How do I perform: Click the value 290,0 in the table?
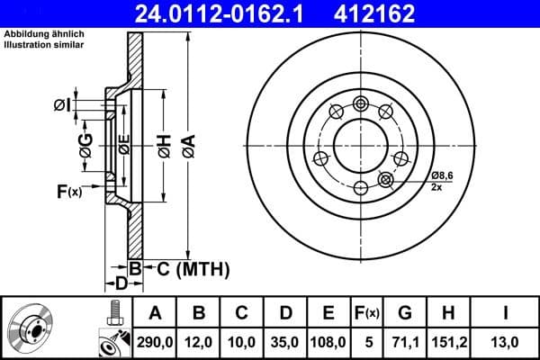click(156, 341)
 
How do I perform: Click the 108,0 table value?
click(328, 341)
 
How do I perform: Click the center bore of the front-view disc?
click(361, 145)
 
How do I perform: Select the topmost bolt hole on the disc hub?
click(361, 103)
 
